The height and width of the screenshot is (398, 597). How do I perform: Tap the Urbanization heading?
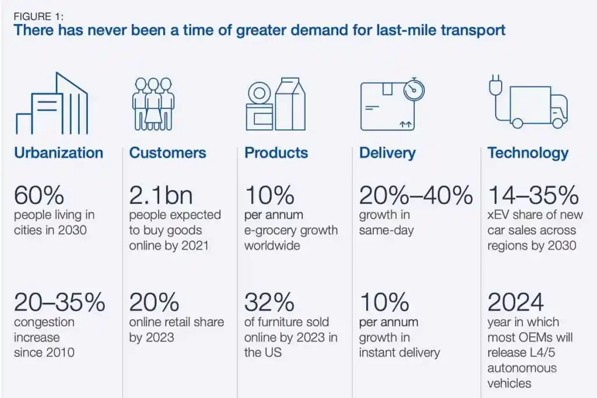click(58, 153)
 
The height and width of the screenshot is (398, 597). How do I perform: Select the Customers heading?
click(167, 153)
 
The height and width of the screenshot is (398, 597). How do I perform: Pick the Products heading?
click(276, 153)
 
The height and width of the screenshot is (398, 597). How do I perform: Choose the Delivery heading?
click(387, 153)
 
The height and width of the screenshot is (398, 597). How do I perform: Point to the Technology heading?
click(527, 153)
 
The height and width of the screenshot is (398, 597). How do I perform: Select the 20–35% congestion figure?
click(59, 302)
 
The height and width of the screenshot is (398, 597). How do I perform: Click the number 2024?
click(515, 302)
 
